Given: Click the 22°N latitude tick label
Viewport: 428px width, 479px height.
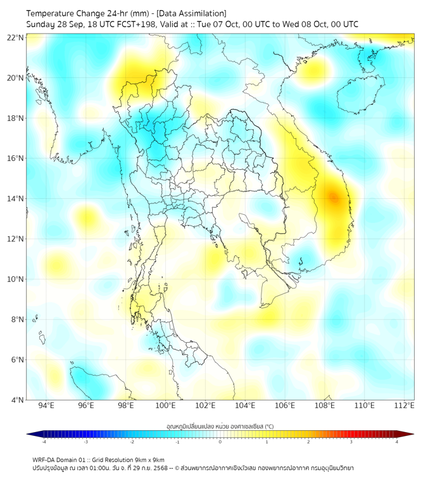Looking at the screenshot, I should click(16, 37).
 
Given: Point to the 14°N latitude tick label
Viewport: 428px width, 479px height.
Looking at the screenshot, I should click(16, 198).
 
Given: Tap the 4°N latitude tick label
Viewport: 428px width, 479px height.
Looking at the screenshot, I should click(18, 400).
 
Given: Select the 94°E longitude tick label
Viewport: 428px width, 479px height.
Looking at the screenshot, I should click(46, 406).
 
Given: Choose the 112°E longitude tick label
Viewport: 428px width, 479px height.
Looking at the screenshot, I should click(404, 406).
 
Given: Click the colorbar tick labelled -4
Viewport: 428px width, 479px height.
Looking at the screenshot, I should click(44, 442).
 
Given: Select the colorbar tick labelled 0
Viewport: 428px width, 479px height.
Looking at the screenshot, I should click(220, 442).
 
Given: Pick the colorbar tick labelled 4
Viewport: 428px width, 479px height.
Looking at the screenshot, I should click(397, 442).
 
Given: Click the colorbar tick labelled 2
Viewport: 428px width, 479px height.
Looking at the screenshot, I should click(309, 442).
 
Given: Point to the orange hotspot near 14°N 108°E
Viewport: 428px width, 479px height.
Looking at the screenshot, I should click(333, 198).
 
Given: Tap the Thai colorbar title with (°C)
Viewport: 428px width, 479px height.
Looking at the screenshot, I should click(220, 425).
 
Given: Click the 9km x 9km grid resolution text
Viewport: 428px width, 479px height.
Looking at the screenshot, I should click(149, 459).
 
